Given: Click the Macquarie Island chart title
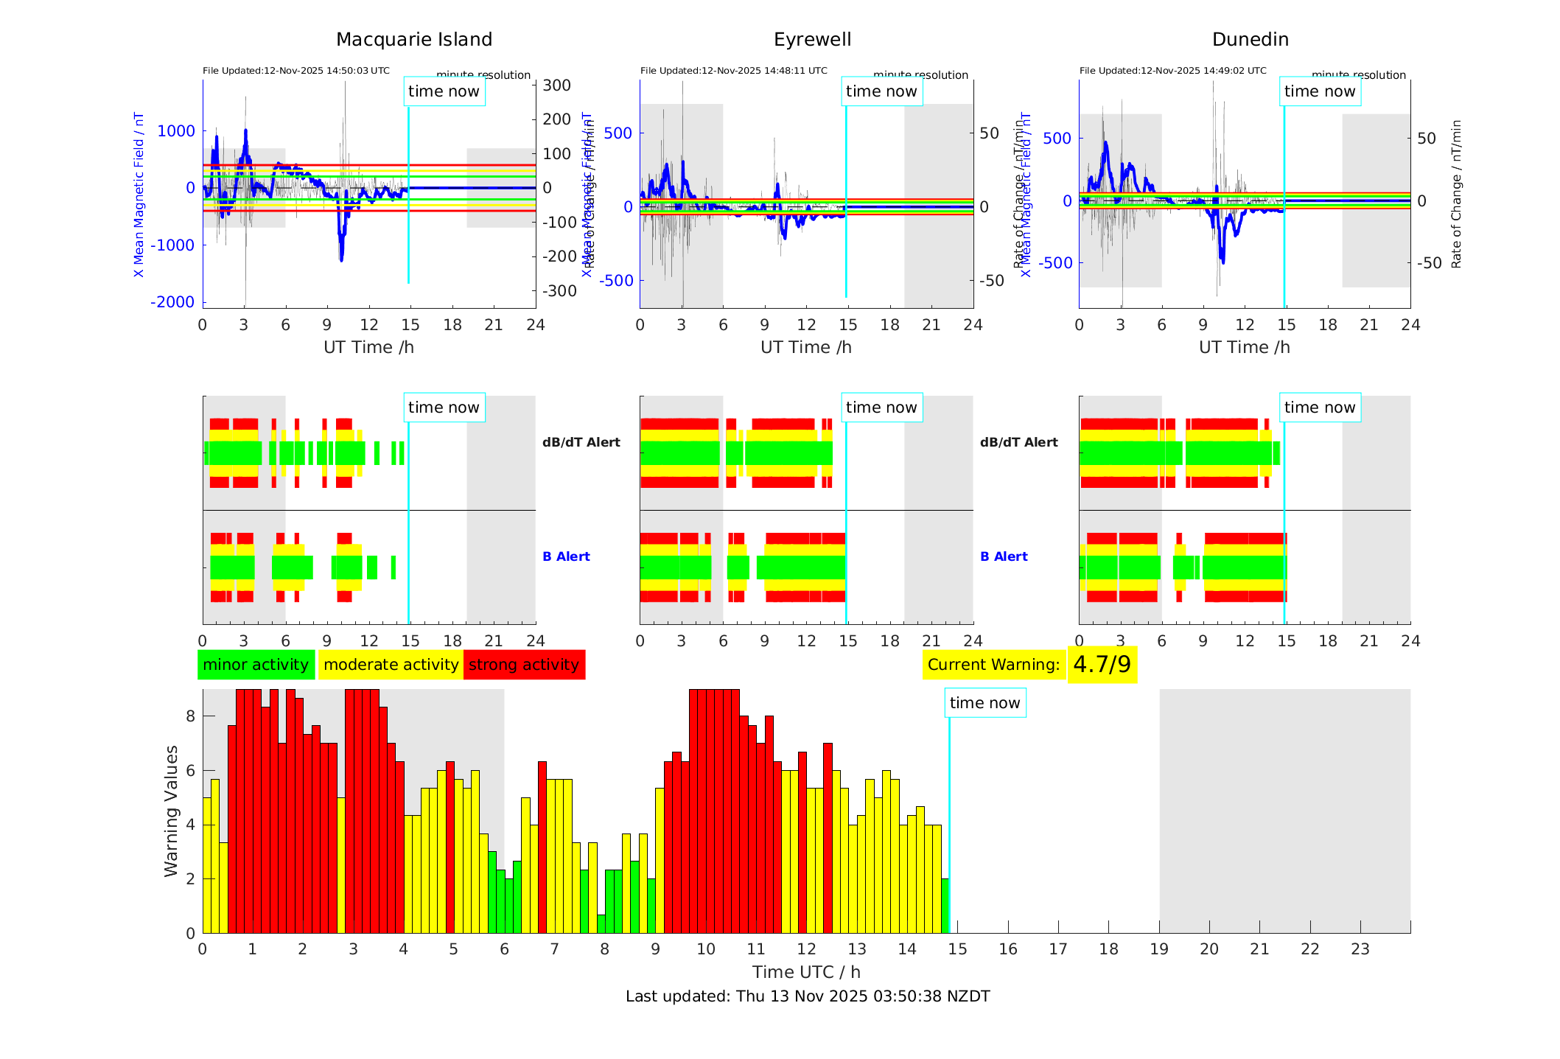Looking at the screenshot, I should [414, 40].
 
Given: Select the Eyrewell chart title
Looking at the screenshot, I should [812, 40].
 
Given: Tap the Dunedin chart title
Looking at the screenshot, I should [1250, 40].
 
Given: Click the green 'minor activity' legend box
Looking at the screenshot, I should [256, 665].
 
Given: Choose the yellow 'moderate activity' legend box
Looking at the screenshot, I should [391, 665].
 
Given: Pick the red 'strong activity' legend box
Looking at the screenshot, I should [524, 665].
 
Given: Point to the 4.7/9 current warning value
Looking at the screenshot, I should [1102, 665].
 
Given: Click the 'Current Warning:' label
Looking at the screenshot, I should [993, 665].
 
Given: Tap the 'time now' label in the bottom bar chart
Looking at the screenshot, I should [984, 703].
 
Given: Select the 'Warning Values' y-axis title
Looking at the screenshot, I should [172, 811].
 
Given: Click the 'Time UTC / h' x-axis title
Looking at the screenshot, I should [806, 972].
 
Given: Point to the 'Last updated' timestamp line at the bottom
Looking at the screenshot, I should [808, 996].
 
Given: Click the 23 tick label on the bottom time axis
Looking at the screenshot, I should [1360, 949].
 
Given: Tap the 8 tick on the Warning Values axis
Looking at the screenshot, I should [190, 716].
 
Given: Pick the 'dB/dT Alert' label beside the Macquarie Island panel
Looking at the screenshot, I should [581, 442].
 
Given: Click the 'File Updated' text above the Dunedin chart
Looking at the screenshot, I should [1172, 71].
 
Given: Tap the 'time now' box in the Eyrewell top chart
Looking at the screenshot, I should [881, 91].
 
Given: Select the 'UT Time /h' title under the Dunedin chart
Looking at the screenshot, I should [1244, 347].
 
